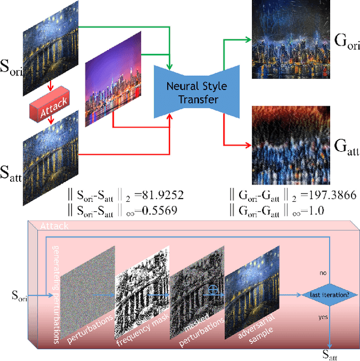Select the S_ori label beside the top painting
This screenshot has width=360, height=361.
[x=12, y=72]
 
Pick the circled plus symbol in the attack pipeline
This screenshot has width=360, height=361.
[x=213, y=290]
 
